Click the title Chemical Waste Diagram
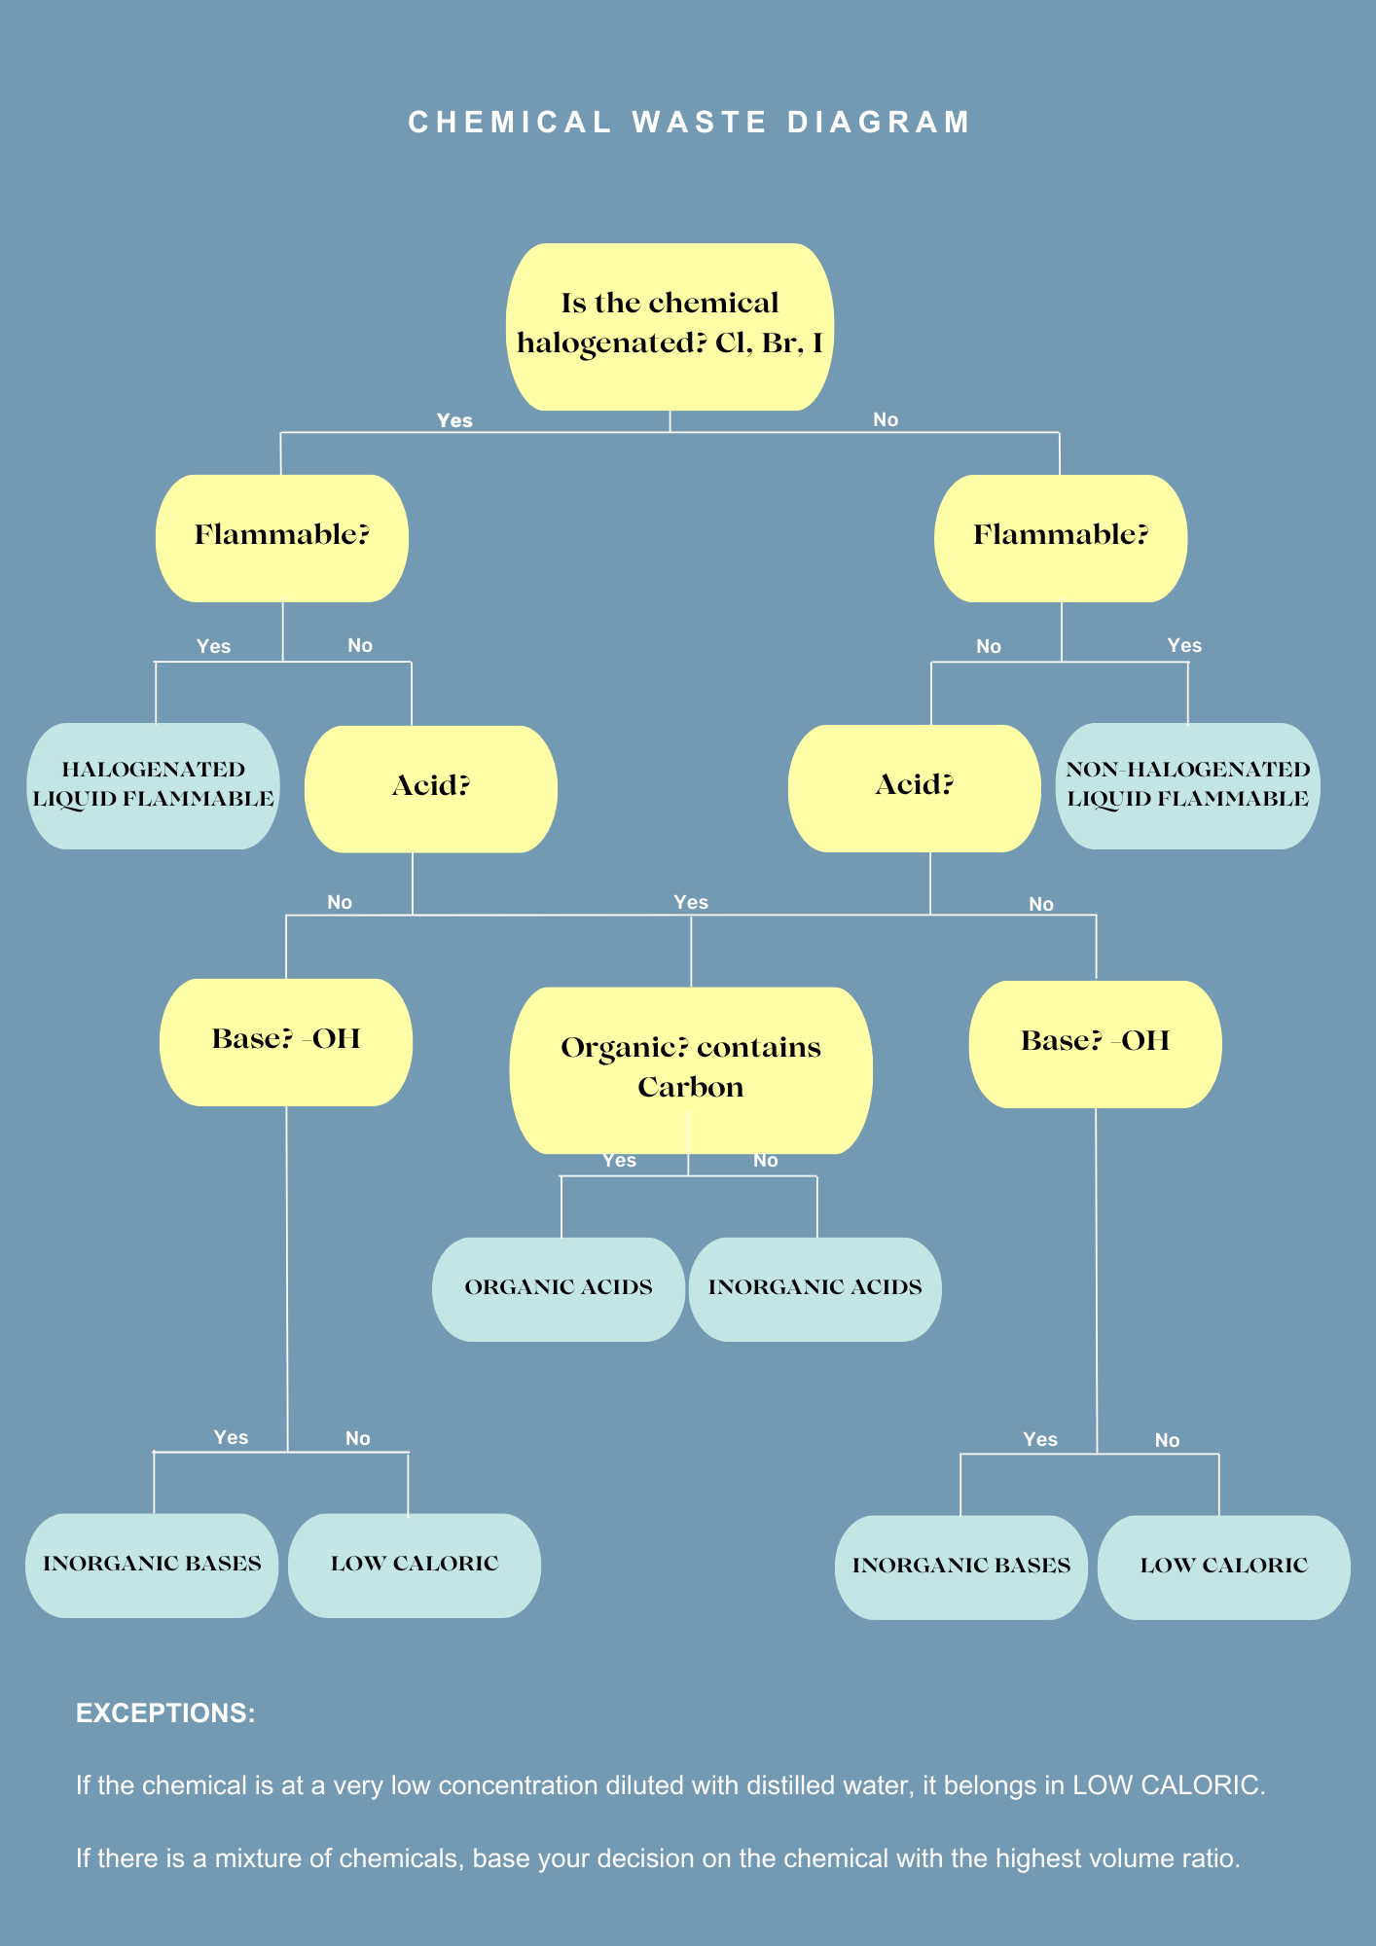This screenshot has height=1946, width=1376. tap(688, 123)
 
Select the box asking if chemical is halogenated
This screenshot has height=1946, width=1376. tap(670, 325)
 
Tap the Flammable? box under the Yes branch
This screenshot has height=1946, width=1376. tap(282, 537)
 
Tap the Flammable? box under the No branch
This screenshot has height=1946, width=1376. tap(1061, 537)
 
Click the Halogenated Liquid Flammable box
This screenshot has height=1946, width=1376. tap(154, 785)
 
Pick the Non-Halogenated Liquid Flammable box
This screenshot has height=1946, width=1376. tap(1187, 785)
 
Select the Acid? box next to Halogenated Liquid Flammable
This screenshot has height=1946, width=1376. tap(431, 788)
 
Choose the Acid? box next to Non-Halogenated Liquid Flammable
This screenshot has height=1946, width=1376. tap(914, 787)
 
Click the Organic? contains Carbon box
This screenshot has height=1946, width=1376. tap(691, 1068)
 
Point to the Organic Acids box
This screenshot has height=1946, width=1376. tap(559, 1288)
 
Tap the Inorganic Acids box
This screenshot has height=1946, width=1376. tap(815, 1288)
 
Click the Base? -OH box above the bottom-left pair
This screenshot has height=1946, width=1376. tap(286, 1041)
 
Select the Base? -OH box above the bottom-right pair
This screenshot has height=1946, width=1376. tap(1095, 1043)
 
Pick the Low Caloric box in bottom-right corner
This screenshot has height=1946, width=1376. tap(1223, 1567)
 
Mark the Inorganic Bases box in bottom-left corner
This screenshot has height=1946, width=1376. tap(152, 1565)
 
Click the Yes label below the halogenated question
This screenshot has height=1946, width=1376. tap(454, 420)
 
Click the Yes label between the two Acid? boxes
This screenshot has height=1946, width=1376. tap(691, 902)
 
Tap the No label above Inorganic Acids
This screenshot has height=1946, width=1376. tap(766, 1160)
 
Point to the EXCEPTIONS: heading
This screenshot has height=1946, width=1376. tap(165, 1713)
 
